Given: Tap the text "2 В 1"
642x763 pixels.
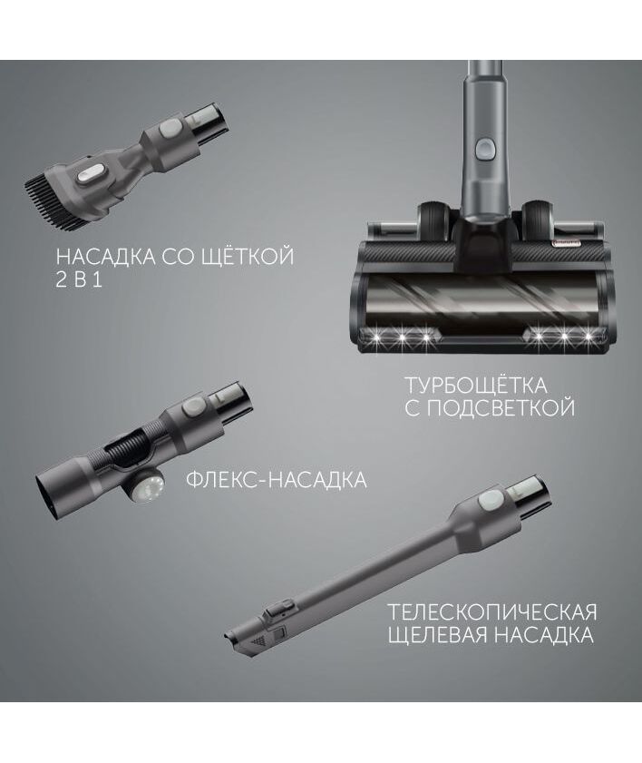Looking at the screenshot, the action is click(x=79, y=280).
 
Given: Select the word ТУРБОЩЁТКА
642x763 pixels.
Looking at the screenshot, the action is click(x=476, y=386).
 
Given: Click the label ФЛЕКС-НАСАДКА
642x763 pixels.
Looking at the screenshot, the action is click(x=277, y=480).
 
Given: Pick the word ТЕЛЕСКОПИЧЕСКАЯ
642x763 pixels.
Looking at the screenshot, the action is click(x=491, y=611).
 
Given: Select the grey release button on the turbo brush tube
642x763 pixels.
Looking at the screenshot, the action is click(x=484, y=148).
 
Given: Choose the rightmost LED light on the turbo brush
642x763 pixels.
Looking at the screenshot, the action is click(x=588, y=337).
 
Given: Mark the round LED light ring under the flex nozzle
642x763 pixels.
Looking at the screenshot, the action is click(x=145, y=486).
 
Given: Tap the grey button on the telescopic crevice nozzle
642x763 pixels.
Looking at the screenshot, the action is click(x=491, y=499).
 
